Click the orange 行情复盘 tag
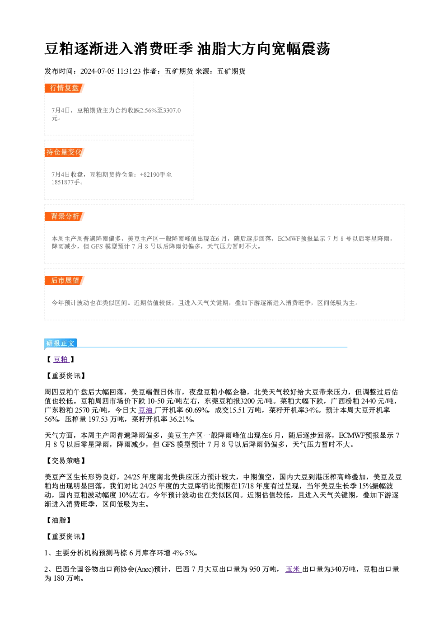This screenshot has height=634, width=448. (65, 88)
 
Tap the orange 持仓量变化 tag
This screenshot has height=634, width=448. (65, 152)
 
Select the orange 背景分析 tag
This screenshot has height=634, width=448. (65, 216)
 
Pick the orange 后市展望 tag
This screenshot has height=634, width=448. (65, 281)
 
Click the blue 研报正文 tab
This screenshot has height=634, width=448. (61, 343)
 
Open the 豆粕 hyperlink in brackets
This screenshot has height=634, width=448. (61, 359)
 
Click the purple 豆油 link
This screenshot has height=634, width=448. (146, 410)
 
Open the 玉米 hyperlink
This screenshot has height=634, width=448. (293, 569)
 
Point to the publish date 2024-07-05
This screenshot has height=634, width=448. (98, 71)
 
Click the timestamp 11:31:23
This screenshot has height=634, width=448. (129, 71)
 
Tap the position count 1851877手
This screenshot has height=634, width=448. (66, 183)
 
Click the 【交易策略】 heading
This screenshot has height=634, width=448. (65, 461)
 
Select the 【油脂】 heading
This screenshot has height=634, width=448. (58, 520)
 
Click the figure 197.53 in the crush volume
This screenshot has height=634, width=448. (98, 419)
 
